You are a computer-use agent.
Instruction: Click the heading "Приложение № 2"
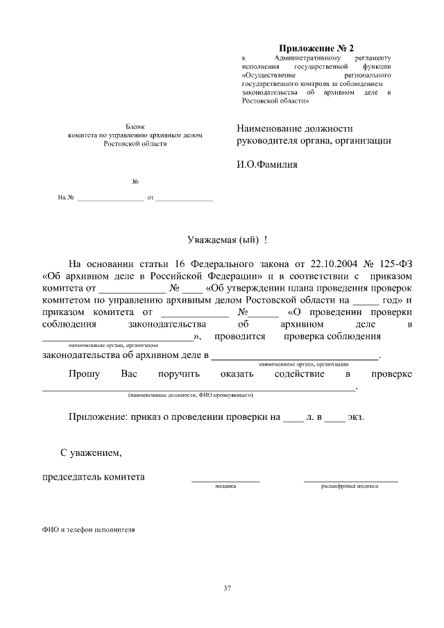coord(316,48)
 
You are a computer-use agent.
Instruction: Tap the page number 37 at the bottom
coord(227,589)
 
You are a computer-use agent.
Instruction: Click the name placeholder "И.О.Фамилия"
coord(266,165)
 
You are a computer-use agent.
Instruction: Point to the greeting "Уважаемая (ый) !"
coord(228,240)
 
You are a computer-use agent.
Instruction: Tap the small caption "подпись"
coord(226,486)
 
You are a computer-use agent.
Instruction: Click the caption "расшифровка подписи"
coord(350,486)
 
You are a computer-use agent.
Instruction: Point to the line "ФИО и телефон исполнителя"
coord(88,529)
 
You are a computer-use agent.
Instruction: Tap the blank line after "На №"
coord(110,200)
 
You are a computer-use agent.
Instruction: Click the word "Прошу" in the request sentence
coord(84,374)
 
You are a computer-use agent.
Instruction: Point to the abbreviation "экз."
coord(355,418)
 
